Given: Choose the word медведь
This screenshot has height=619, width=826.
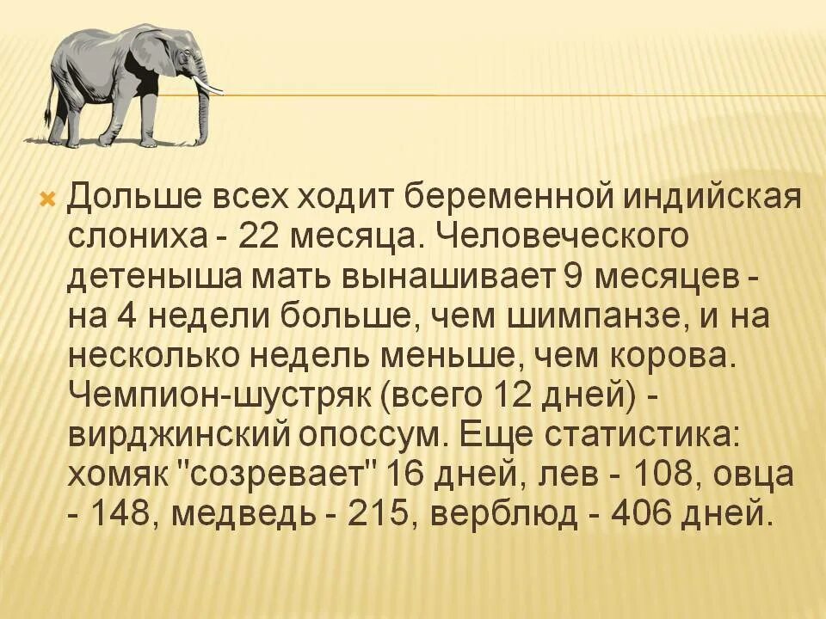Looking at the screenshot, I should point(250,514).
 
